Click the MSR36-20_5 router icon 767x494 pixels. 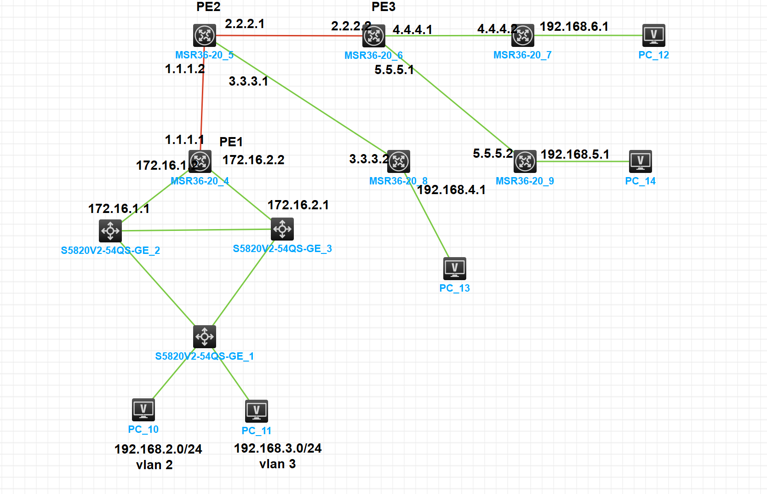point(205,35)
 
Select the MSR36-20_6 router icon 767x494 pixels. point(374,36)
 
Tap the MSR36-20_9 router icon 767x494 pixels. point(525,161)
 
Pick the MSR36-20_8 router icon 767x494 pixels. point(399,161)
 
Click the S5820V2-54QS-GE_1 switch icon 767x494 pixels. point(205,337)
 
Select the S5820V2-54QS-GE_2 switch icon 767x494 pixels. point(110,230)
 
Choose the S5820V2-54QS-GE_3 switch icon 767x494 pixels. point(282,229)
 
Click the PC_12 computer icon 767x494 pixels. point(653,35)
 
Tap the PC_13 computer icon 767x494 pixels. point(455,269)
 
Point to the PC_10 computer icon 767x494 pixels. point(143,410)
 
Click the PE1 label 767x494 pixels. point(231,142)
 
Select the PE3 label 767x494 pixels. point(383,7)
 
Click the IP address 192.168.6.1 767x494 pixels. point(574,27)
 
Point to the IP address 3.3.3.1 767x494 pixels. point(248,81)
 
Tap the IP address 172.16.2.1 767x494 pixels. point(298,205)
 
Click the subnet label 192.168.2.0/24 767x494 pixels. point(158,449)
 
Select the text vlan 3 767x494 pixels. point(277,464)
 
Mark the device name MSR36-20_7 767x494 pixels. point(522,55)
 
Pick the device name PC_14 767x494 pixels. point(640,181)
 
